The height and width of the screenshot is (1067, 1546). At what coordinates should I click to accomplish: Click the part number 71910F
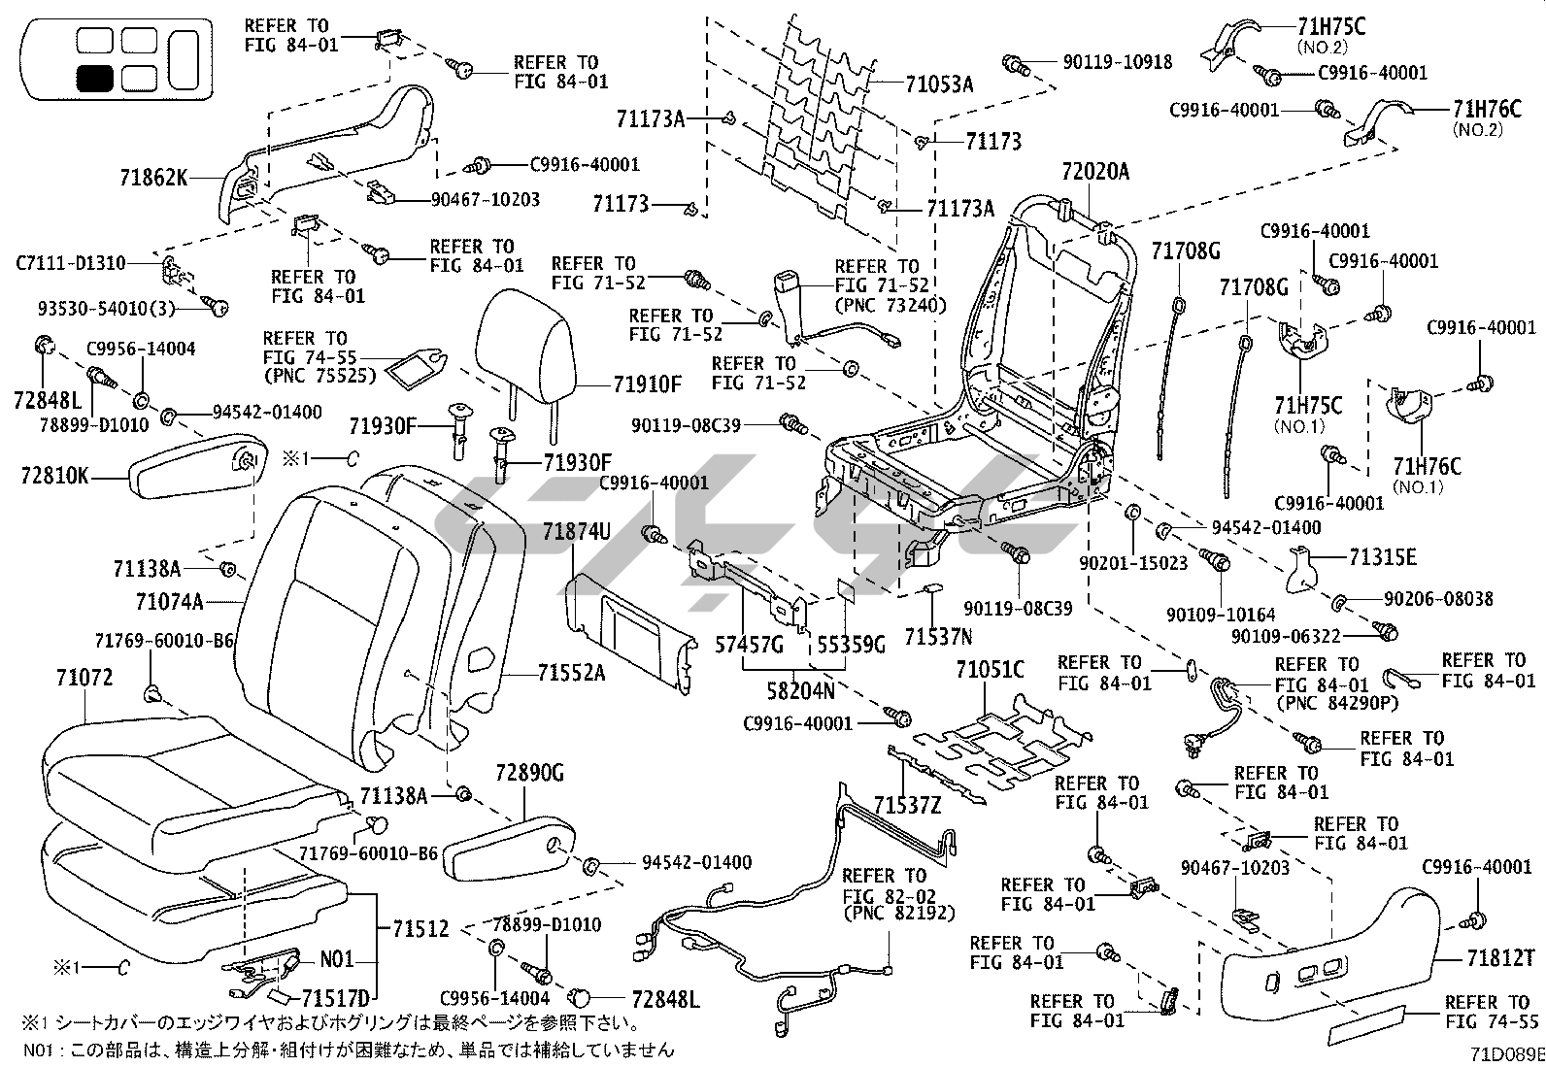[x=648, y=383]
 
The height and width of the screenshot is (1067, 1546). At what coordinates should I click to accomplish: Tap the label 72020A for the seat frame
[x=1095, y=172]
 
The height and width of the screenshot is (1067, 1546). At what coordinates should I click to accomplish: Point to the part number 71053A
[x=938, y=84]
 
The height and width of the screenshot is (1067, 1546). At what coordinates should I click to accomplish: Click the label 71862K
[x=153, y=178]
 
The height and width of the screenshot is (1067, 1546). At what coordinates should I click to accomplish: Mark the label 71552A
[x=573, y=672]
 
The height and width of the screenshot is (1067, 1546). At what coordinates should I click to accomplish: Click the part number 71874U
[x=577, y=531]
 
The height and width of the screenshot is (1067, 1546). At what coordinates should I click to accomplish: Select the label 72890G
[x=529, y=773]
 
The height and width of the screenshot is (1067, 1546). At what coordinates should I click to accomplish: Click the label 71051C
[x=990, y=670]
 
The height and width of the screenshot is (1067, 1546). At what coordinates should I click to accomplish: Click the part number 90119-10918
[x=1117, y=62]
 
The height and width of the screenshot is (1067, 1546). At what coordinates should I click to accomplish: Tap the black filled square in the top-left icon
[x=94, y=78]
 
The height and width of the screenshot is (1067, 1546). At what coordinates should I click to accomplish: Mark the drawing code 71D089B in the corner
[x=1505, y=1054]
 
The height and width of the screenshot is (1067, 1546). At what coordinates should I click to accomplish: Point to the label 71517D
[x=336, y=998]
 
